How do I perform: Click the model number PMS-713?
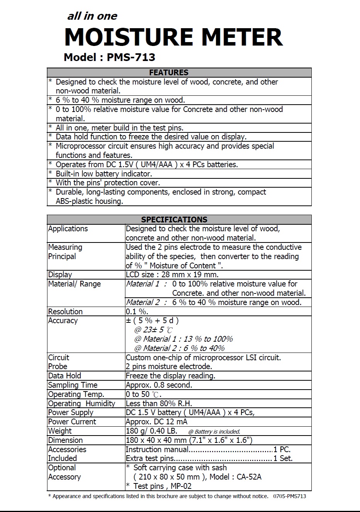[131, 58]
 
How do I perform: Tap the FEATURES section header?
[169, 73]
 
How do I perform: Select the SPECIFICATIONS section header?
[174, 220]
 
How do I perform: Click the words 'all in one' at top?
[92, 16]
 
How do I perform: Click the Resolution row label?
[65, 312]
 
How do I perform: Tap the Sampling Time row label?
[73, 385]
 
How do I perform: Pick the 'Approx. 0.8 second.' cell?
[159, 385]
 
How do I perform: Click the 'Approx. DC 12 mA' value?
[156, 422]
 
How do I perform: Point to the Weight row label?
[60, 431]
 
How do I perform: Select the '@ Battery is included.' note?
[214, 432]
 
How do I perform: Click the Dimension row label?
[65, 440]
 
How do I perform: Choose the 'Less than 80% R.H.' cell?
[159, 403]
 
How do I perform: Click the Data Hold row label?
[64, 376]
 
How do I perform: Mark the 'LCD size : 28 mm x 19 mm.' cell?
[172, 275]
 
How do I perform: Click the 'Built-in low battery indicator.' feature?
[104, 174]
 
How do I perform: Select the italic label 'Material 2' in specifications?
[143, 302]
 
